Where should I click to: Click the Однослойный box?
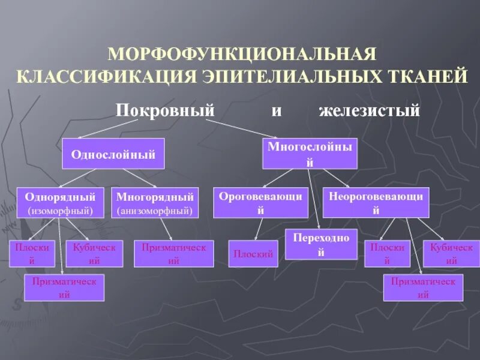point(113,154)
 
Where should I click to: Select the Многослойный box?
point(310,154)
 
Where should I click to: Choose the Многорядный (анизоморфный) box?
point(155,203)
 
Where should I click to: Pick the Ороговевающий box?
point(260,203)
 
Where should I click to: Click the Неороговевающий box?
point(376,203)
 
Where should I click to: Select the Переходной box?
point(321,244)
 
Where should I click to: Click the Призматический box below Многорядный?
point(173,254)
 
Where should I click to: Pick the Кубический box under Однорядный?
point(94,254)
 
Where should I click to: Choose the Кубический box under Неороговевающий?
point(451,254)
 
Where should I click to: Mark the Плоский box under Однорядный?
point(32,254)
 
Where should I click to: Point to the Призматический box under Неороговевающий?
point(423,288)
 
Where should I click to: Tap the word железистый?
point(368,111)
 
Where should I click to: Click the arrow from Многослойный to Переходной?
point(313,198)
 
